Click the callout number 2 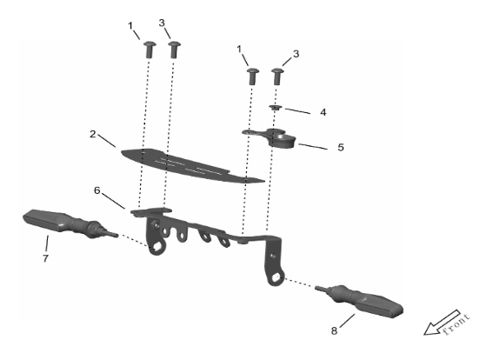[93, 134]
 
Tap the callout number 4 [323, 112]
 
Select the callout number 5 [341, 147]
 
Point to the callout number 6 [97, 190]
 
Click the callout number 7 [45, 258]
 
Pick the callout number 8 [334, 330]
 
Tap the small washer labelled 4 [276, 108]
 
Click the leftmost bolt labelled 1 [150, 50]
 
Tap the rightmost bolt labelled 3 [277, 77]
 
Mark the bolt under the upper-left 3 [174, 50]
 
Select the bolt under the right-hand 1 [252, 77]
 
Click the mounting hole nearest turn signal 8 [277, 278]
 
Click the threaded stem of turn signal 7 [111, 234]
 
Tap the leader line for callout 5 [313, 147]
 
